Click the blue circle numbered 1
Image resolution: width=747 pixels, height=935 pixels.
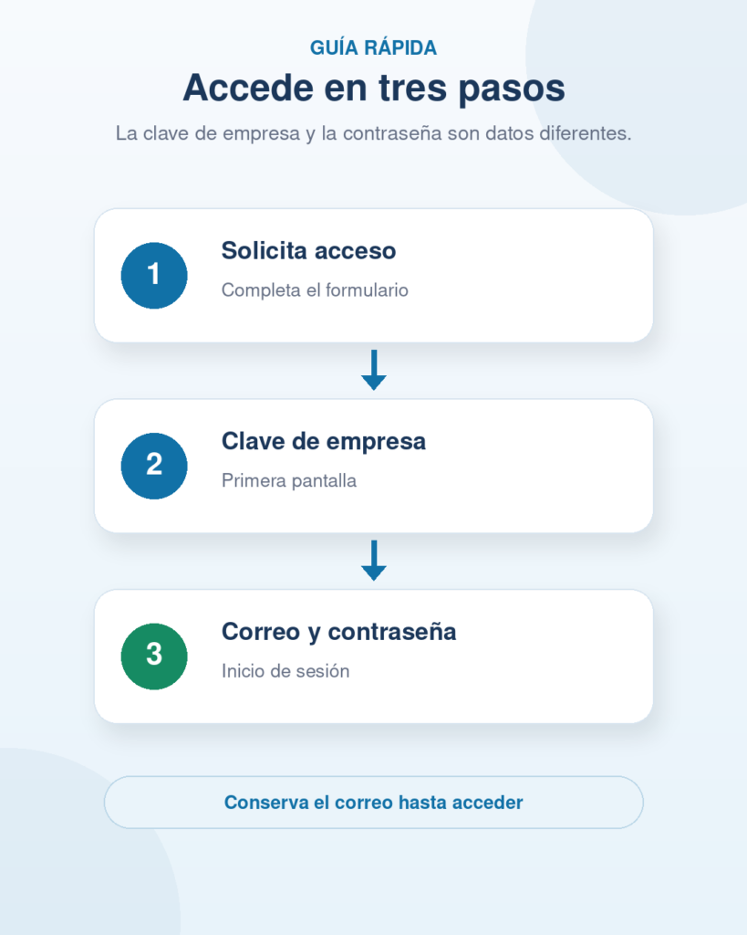click(154, 276)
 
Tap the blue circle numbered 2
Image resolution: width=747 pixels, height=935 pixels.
click(154, 466)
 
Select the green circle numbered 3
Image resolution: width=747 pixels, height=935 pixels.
click(154, 657)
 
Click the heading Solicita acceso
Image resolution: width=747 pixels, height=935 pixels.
click(308, 251)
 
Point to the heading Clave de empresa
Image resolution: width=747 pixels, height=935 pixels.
click(324, 442)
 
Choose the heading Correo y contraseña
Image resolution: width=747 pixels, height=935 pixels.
click(339, 632)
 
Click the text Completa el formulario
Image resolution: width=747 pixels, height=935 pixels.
click(315, 290)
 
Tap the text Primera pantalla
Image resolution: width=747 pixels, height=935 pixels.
click(289, 480)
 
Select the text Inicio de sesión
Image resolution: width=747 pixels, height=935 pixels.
click(285, 671)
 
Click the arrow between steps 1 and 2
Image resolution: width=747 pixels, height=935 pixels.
click(374, 370)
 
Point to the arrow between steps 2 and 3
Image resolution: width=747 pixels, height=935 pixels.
click(374, 561)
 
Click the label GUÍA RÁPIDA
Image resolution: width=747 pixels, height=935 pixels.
click(374, 47)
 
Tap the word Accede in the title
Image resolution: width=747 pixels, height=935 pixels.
click(248, 89)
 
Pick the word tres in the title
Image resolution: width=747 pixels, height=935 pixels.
click(413, 89)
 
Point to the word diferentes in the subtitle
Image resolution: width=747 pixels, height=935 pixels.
click(585, 133)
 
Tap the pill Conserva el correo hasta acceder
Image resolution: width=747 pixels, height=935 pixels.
click(374, 803)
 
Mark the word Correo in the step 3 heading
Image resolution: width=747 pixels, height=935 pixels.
click(261, 632)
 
